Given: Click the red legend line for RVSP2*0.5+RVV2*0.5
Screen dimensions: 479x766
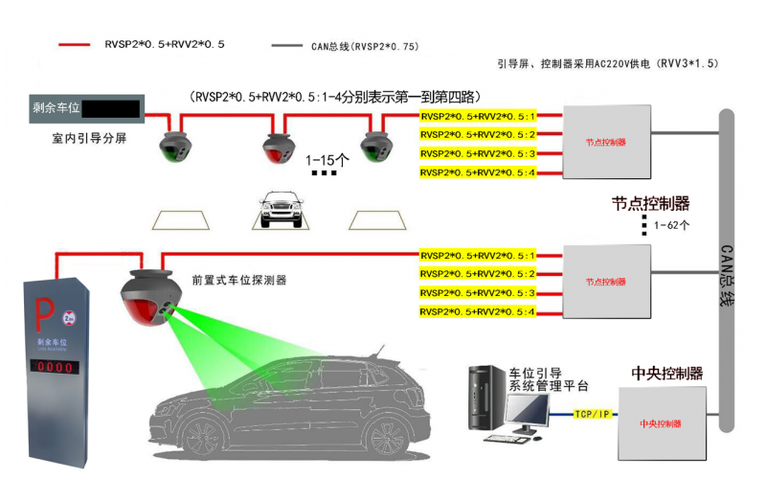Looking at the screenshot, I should tap(78, 45).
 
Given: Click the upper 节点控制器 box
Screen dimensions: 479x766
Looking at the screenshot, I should tap(605, 142).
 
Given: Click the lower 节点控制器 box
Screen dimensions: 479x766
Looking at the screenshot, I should tap(605, 283).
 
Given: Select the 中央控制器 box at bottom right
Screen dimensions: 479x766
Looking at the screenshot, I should tap(660, 422).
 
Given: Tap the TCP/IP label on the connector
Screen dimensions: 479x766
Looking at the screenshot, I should tap(591, 415).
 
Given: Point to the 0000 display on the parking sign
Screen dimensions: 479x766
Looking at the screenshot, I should tap(56, 367).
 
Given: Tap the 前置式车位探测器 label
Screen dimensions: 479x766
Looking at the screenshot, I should tap(239, 281).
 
